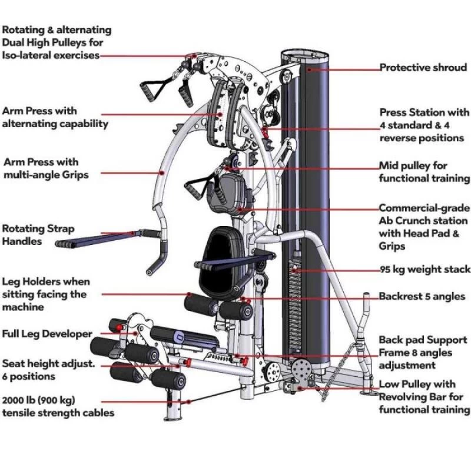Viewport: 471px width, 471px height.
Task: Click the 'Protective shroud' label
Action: (422, 68)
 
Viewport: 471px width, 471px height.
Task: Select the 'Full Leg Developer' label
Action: (47, 334)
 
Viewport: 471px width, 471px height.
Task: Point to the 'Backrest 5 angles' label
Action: (422, 296)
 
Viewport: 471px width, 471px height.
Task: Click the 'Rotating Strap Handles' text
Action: (38, 234)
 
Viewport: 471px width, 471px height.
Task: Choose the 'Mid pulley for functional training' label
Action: (424, 172)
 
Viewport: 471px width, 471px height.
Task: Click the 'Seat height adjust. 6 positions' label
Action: (48, 370)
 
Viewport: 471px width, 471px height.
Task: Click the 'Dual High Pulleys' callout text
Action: (56, 42)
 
